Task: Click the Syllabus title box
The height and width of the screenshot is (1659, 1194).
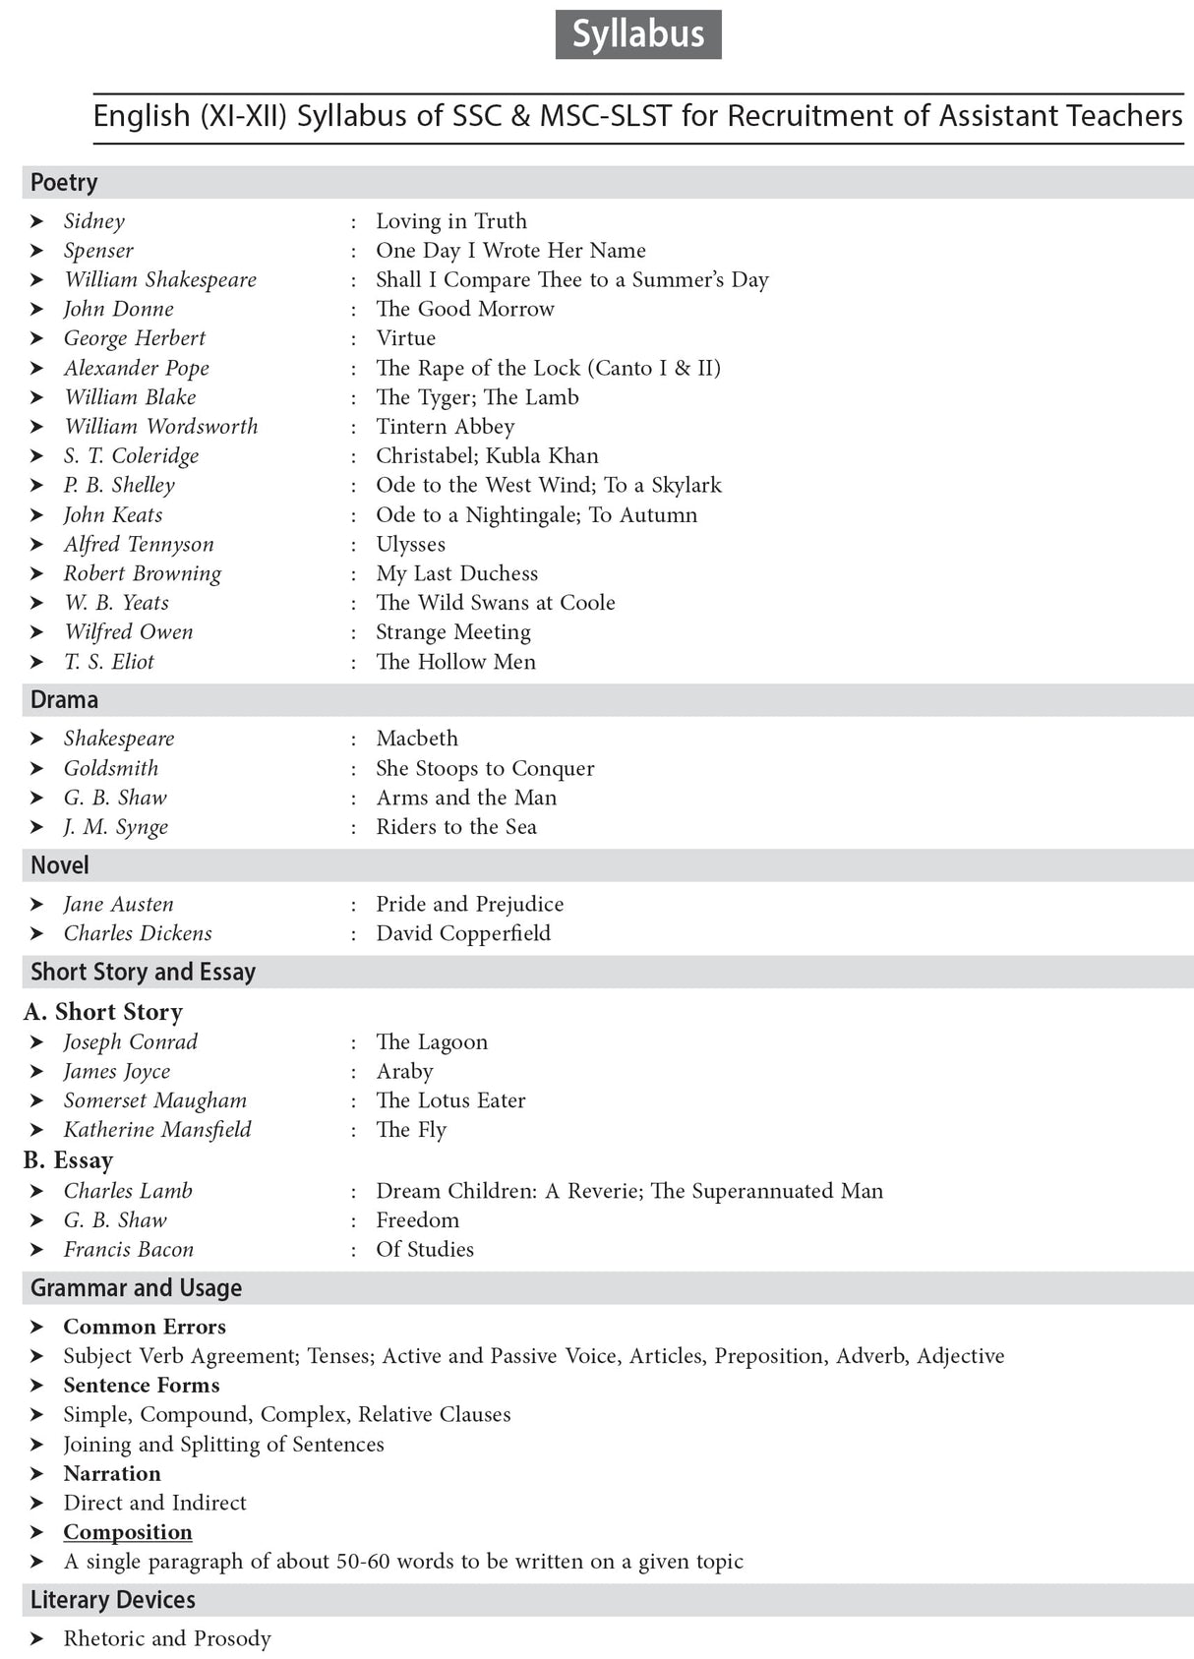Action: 637,34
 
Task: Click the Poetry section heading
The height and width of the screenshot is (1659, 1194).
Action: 64,183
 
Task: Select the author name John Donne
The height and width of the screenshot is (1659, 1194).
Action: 118,309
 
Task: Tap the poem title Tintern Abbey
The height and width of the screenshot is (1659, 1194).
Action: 445,427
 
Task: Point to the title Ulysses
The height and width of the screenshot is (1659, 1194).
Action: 410,544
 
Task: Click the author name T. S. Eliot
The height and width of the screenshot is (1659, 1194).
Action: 108,662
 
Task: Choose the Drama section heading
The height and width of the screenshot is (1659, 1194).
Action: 64,700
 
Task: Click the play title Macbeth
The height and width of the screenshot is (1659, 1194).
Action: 416,739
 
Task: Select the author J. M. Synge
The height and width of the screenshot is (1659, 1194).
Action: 115,827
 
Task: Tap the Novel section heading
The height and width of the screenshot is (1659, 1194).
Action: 59,865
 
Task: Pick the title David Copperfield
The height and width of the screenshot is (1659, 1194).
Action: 462,933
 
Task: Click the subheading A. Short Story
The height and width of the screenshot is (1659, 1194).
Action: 103,1012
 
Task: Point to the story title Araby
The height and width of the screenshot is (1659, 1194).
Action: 404,1071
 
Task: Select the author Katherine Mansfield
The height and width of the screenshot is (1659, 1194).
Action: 157,1130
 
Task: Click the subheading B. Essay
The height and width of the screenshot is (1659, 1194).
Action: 68,1160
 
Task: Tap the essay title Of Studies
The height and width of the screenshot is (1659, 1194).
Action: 424,1249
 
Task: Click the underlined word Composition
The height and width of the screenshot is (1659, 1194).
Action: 128,1532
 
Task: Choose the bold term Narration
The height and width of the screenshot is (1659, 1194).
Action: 112,1473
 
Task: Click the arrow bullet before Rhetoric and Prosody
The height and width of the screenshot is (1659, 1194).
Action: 36,1638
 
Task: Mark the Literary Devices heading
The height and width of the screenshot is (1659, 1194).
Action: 112,1600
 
